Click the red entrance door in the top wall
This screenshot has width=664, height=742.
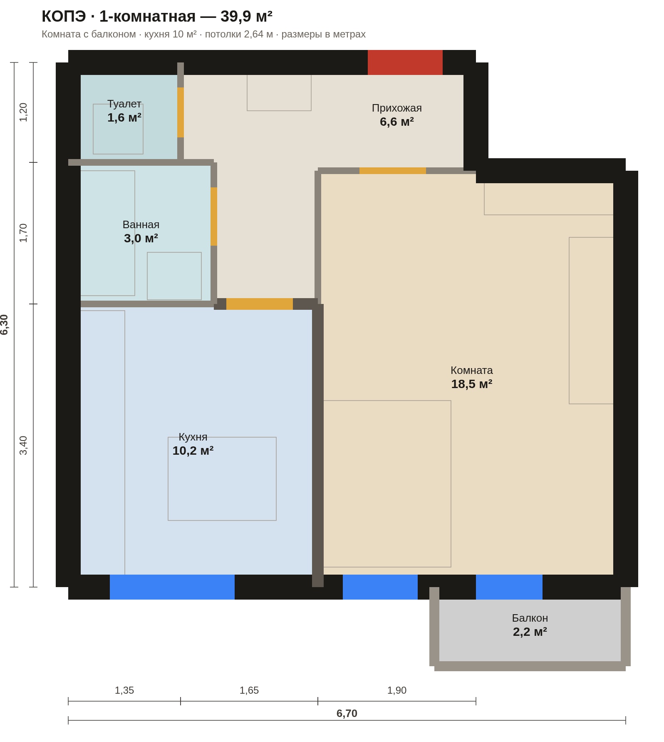[x=405, y=62]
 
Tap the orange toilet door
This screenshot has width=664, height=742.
[x=181, y=112]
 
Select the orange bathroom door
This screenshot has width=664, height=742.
[x=214, y=217]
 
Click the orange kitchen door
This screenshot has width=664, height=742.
[x=260, y=304]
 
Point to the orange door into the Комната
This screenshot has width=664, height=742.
[x=393, y=171]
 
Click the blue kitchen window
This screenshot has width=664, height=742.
[x=172, y=587]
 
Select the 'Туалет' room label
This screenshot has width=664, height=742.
[x=124, y=104]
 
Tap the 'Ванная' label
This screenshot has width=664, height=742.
[x=141, y=224]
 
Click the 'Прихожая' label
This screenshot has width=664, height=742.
[x=397, y=108]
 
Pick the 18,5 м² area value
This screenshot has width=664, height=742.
[x=472, y=384]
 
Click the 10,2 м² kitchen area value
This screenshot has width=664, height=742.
[x=193, y=451]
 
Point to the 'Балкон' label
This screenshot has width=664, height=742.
[x=530, y=618]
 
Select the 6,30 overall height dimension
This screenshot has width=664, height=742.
[x=4, y=325]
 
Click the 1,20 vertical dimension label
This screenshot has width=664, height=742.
[x=23, y=112]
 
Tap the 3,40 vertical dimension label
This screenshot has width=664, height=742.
[x=23, y=446]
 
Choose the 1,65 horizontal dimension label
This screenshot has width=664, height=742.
[x=249, y=690]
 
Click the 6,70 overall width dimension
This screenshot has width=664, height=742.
[x=347, y=713]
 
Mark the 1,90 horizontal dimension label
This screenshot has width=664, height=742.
[x=397, y=690]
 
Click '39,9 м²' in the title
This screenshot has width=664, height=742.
[x=246, y=16]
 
